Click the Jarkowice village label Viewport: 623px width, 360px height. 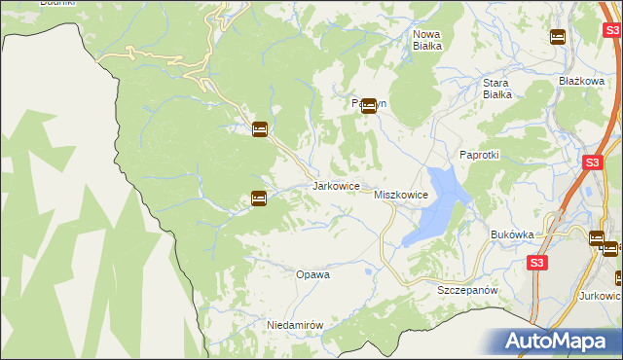(337, 186)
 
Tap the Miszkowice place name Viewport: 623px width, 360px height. (401, 196)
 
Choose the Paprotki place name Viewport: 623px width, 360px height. (479, 155)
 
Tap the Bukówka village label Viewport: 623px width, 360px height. (513, 234)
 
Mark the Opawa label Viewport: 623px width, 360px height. (312, 274)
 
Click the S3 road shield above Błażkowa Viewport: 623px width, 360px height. (584, 31)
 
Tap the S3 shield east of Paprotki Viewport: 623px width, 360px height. (592, 163)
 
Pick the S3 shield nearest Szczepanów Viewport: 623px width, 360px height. (537, 263)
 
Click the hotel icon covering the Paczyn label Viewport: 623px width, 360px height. (369, 107)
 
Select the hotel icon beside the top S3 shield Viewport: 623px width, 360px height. (557, 37)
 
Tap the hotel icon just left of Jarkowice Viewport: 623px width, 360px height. (258, 198)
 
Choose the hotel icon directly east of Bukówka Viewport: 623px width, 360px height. (597, 237)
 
